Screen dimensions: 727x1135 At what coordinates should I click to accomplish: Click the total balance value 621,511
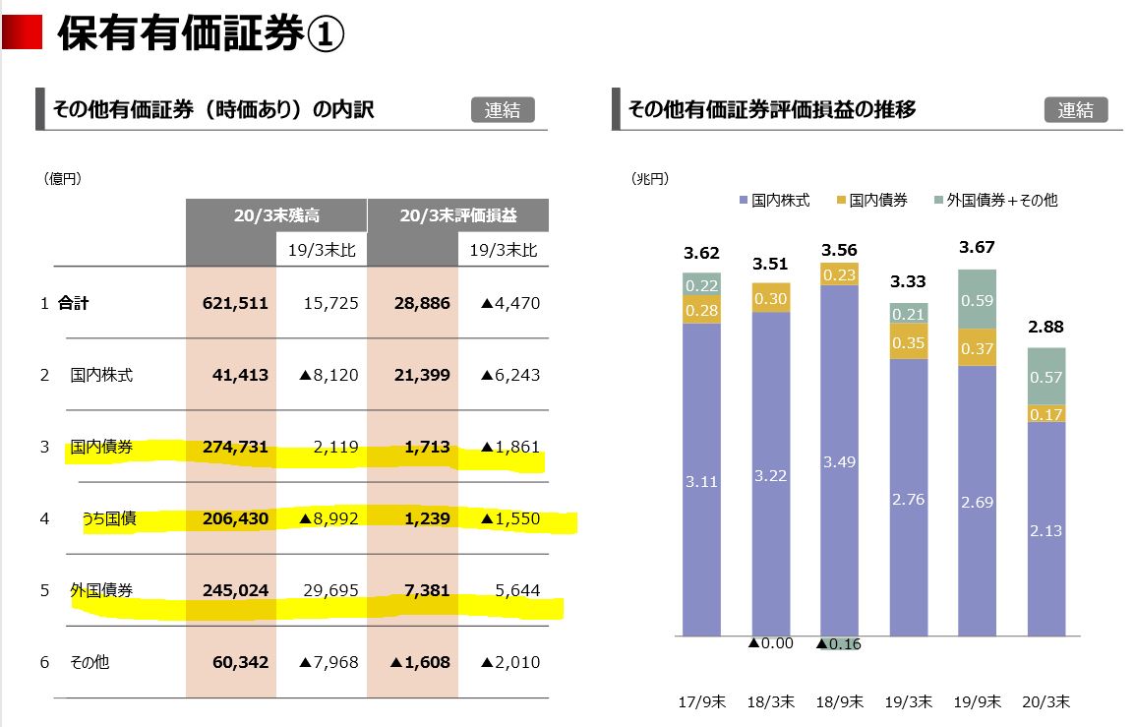(234, 303)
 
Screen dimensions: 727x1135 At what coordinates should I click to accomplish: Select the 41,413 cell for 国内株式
(240, 375)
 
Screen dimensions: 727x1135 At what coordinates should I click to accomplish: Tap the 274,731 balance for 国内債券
(234, 447)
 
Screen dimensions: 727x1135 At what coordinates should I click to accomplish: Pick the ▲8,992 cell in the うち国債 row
(329, 518)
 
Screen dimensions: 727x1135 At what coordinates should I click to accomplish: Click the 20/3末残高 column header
(276, 215)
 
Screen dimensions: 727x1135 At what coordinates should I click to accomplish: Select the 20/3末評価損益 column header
(457, 215)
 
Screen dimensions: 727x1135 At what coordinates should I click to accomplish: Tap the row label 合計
(73, 303)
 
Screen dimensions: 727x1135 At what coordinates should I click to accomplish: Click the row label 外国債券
(101, 590)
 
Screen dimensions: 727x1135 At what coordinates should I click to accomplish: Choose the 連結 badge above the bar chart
(1075, 110)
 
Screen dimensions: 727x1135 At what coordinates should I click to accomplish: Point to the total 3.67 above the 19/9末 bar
(977, 247)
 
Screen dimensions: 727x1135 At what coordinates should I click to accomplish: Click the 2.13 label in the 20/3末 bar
(1046, 530)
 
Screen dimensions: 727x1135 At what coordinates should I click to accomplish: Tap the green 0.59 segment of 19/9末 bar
(977, 300)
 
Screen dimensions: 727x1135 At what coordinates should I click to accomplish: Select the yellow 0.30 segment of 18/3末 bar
(770, 298)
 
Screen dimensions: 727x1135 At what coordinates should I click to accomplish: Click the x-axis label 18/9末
(839, 702)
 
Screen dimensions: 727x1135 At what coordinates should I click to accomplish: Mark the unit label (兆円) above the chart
(649, 178)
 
